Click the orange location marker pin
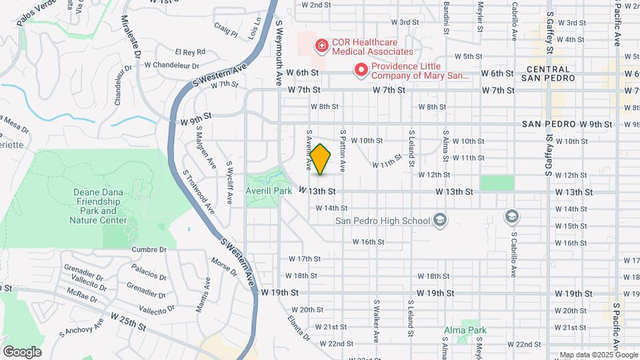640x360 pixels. [321, 159]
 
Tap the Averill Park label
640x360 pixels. [269, 191]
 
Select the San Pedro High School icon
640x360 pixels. [439, 220]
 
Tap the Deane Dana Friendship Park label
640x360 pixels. [99, 206]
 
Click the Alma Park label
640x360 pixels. [466, 330]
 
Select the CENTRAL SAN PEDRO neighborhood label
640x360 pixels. [550, 73]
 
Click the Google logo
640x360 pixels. [22, 351]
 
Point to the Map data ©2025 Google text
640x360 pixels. [597, 355]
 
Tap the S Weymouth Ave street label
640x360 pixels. [279, 52]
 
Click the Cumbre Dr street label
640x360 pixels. [149, 249]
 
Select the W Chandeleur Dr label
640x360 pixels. [172, 65]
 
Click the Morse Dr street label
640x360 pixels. [224, 267]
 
